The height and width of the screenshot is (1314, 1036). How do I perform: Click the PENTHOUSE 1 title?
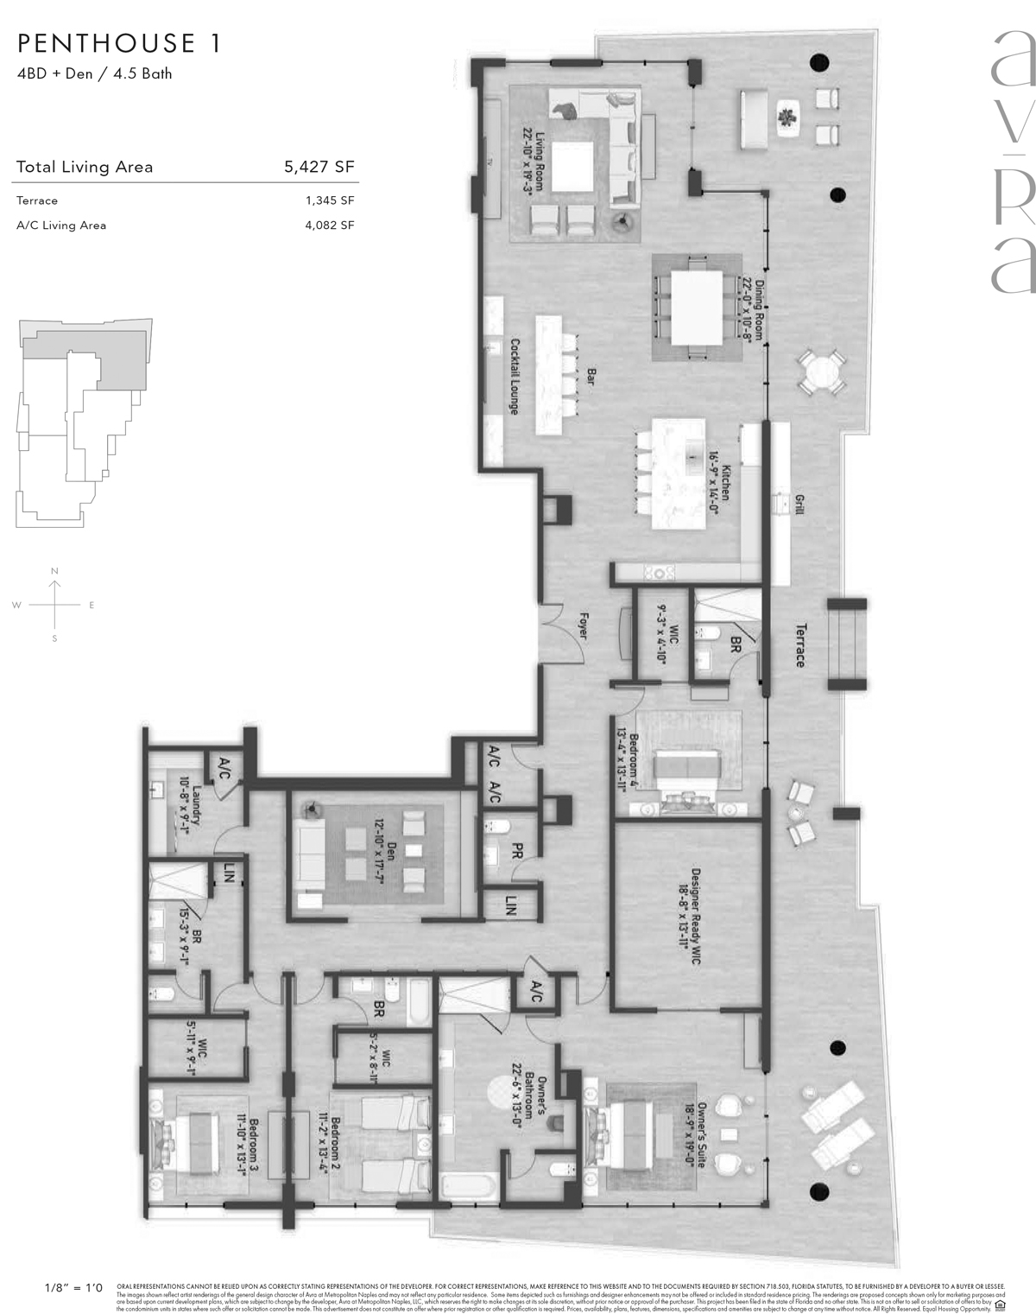tap(119, 43)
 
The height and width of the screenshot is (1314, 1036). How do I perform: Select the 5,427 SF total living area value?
tap(319, 168)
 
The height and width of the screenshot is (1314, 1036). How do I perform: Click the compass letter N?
tap(54, 571)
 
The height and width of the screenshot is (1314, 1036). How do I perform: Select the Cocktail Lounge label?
tap(515, 376)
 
